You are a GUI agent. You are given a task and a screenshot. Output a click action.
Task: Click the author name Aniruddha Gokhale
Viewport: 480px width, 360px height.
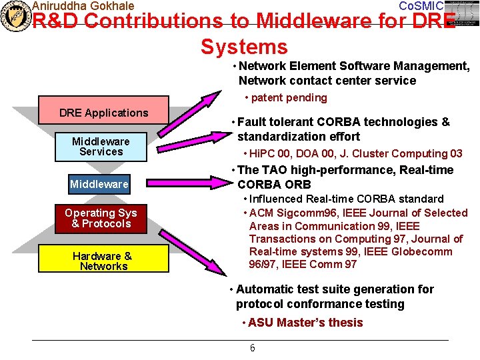83,6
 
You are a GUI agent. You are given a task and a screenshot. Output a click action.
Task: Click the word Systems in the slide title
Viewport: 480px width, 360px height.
244,47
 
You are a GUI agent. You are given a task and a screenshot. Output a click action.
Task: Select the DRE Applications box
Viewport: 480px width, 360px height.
103,113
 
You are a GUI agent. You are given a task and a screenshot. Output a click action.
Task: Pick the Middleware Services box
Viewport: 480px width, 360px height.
101,147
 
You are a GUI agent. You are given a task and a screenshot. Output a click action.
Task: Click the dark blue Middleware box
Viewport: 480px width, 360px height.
99,184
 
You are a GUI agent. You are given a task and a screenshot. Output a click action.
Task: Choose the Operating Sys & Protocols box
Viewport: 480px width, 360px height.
101,218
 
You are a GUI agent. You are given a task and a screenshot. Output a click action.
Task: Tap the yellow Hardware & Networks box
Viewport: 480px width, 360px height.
102,261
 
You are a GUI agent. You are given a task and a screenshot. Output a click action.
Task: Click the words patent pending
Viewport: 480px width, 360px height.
289,98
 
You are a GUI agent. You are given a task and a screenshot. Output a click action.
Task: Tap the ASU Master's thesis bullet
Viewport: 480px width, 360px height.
305,323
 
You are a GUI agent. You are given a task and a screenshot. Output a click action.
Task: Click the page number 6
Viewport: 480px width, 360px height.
252,348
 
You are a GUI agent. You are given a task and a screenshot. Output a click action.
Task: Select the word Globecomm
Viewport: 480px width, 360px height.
421,251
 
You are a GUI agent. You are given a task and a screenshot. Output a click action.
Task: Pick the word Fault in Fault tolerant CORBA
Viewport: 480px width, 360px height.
251,122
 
